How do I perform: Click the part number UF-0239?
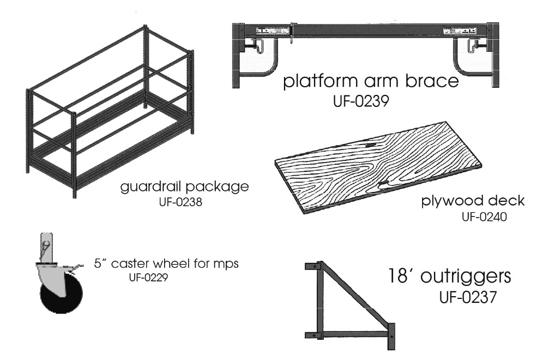[361, 102]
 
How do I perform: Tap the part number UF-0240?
[484, 217]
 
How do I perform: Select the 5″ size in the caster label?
[100, 264]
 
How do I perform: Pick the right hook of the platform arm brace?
[468, 55]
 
